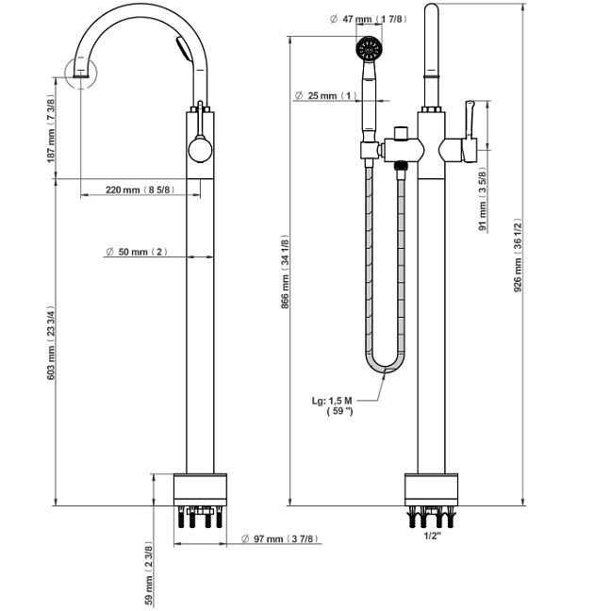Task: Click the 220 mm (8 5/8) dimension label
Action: coord(138,190)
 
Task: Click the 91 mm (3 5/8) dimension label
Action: coord(483,200)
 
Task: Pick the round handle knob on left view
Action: coord(200,150)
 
